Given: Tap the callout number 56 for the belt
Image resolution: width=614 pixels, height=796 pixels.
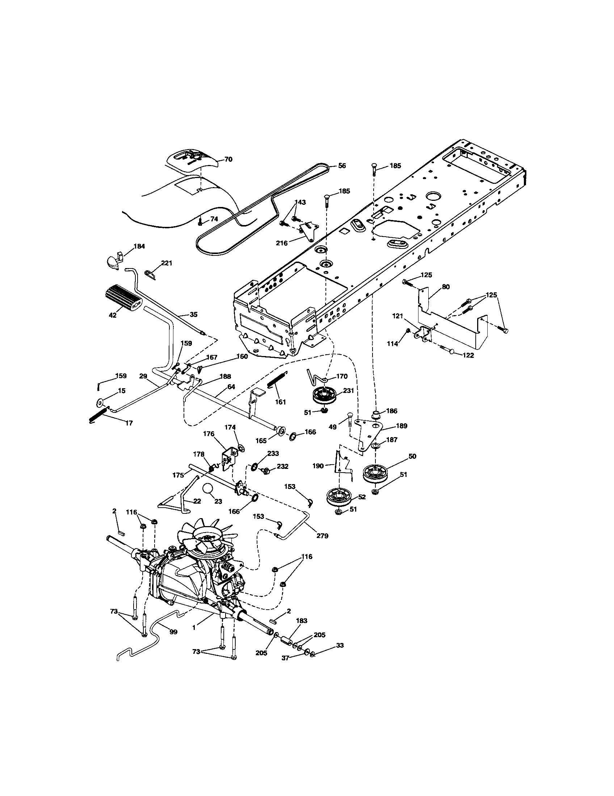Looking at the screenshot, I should (x=342, y=165).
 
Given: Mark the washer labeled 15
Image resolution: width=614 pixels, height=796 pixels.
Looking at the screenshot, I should (x=100, y=403).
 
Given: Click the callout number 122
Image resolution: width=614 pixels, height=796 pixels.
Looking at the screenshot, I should (x=468, y=355).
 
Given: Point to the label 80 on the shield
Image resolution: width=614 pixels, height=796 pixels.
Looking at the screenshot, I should (x=446, y=287).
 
